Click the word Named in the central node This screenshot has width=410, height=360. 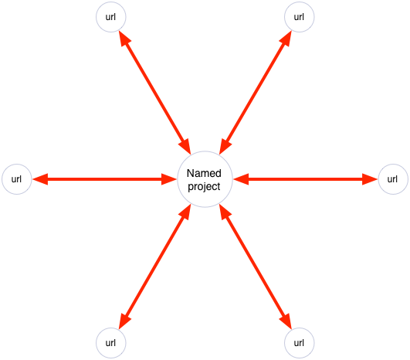[204, 173]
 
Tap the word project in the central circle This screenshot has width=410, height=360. [204, 186]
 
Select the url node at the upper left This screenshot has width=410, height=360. [111, 17]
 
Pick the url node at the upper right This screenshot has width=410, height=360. [299, 17]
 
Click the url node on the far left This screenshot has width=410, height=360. [17, 179]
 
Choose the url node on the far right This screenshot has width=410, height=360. [393, 179]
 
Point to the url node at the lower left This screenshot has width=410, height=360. [111, 343]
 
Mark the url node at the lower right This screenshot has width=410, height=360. [299, 343]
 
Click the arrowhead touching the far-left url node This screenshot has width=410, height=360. [40, 179]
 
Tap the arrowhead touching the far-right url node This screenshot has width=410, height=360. [370, 179]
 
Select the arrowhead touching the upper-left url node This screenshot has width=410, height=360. [124, 38]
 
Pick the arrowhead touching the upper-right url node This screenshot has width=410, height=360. [286, 38]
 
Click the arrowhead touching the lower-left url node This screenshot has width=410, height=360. [124, 321]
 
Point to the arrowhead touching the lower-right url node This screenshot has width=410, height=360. [286, 321]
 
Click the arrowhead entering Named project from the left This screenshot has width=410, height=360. [169, 179]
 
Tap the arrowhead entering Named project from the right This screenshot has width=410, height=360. [241, 179]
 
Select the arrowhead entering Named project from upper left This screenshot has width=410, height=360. [185, 147]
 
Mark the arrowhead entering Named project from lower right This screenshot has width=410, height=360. [225, 212]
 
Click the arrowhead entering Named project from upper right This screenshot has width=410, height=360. [225, 147]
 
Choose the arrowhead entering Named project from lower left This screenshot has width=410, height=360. [185, 212]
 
